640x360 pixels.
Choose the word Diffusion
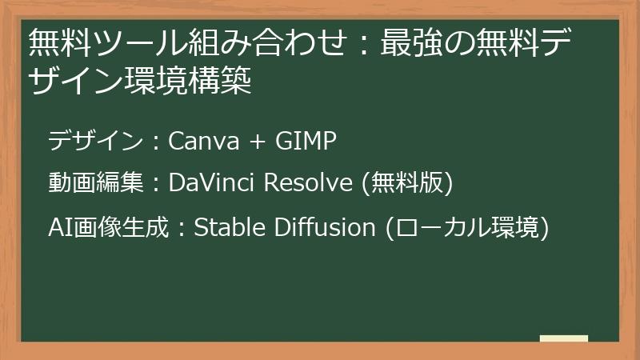pos(324,227)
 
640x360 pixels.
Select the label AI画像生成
pos(109,227)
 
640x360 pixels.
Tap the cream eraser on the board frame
pos(563,339)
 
